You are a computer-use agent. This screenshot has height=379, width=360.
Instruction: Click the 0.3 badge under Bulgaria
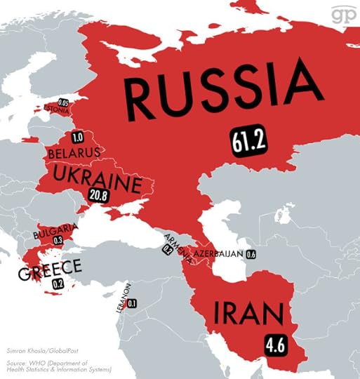click(58, 241)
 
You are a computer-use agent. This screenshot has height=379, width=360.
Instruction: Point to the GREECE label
click(50, 268)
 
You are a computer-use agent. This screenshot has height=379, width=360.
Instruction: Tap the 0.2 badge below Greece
click(58, 284)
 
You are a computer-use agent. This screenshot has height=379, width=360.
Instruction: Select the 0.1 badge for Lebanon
click(132, 303)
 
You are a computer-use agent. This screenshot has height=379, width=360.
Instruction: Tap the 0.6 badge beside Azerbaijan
click(251, 253)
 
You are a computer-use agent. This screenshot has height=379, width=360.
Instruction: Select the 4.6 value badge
click(274, 344)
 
